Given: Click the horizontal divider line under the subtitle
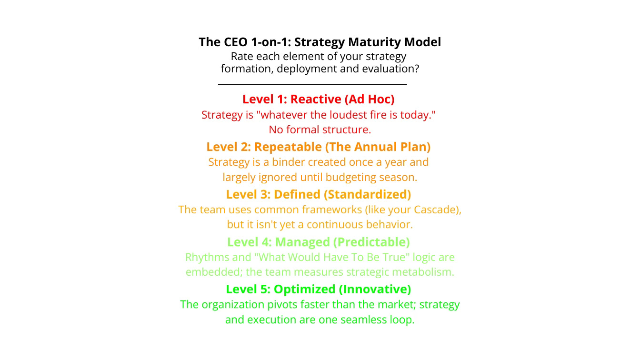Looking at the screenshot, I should pos(312,85).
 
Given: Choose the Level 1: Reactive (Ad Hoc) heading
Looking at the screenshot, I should pos(318,99).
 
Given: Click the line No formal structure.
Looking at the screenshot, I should pos(320,130).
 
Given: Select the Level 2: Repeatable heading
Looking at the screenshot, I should pos(318,147).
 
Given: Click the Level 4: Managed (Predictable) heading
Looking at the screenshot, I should pos(318,242).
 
